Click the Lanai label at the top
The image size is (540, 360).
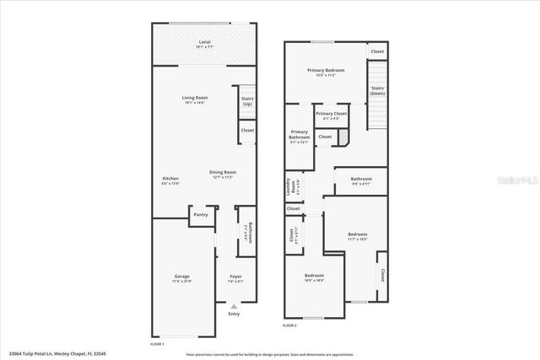coord(204,40)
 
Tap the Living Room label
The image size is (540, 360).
coord(195,98)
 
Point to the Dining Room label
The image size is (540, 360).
coord(223,172)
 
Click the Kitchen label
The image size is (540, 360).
coord(170,179)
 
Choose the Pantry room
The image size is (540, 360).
coord(201,215)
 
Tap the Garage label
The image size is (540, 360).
coord(182,277)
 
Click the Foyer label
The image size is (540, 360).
coord(235,277)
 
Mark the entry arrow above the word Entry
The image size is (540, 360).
coord(235,305)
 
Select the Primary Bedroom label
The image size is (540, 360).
coord(321,71)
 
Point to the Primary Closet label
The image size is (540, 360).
coord(332,113)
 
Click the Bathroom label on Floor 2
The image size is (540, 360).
coord(361,178)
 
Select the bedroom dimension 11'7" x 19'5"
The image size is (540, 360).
coord(358,239)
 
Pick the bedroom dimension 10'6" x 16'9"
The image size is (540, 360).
coord(314,280)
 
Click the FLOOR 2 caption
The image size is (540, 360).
coord(289,325)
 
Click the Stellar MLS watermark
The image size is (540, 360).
coord(516,180)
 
